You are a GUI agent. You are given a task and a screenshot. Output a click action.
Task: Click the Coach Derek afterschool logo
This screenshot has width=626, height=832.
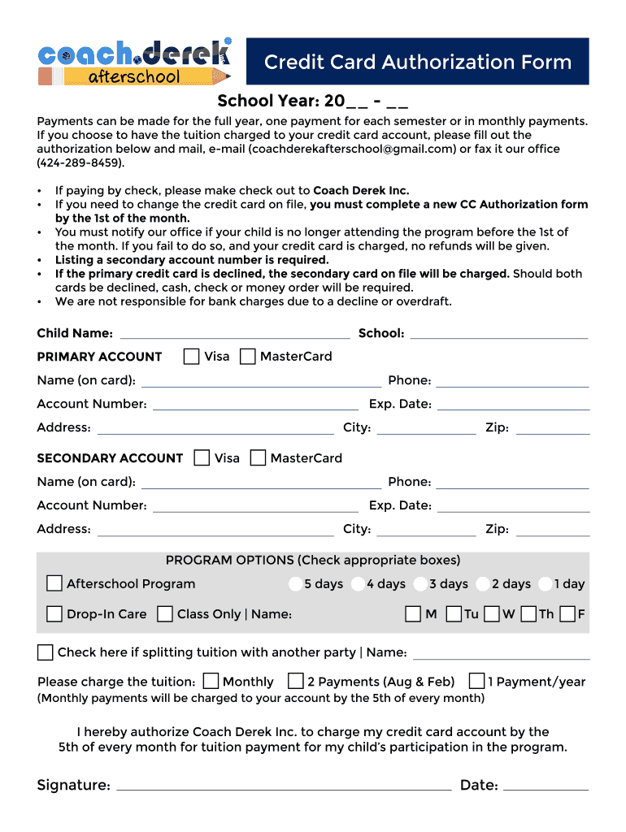pyautogui.click(x=134, y=62)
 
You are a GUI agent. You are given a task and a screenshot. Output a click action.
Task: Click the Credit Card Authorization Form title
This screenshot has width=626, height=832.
pyautogui.click(x=417, y=62)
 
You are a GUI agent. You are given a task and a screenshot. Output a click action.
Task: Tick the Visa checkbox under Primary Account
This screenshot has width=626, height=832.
pyautogui.click(x=192, y=357)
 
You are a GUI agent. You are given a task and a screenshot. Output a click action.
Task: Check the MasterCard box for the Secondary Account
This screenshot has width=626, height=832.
pyautogui.click(x=258, y=458)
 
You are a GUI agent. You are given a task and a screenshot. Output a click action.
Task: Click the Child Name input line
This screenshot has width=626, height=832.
pyautogui.click(x=234, y=334)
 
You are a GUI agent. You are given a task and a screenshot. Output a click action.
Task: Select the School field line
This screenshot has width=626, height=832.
pyautogui.click(x=499, y=334)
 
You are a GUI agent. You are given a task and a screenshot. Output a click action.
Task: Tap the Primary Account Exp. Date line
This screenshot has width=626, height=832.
pyautogui.click(x=513, y=405)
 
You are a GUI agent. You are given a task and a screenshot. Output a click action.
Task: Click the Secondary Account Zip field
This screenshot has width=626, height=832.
pyautogui.click(x=553, y=530)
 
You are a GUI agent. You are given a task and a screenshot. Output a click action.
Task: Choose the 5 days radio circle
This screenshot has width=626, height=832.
pyautogui.click(x=295, y=584)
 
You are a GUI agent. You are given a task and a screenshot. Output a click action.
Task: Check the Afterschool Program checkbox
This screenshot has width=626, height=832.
pyautogui.click(x=54, y=583)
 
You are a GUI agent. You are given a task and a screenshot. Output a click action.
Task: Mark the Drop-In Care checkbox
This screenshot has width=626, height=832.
pyautogui.click(x=54, y=614)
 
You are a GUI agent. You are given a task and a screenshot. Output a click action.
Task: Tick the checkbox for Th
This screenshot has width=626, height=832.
pyautogui.click(x=529, y=614)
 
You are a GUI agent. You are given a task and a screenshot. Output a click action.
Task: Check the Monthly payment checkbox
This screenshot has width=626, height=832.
pyautogui.click(x=211, y=681)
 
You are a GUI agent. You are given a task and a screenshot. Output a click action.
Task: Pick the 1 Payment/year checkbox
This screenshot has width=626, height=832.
pyautogui.click(x=477, y=681)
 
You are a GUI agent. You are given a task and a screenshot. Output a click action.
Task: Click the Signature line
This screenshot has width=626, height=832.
pyautogui.click(x=285, y=786)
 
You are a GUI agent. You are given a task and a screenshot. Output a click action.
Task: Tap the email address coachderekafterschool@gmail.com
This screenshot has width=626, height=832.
pyautogui.click(x=352, y=149)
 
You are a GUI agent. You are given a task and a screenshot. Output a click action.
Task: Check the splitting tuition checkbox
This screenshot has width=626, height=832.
pyautogui.click(x=46, y=652)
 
